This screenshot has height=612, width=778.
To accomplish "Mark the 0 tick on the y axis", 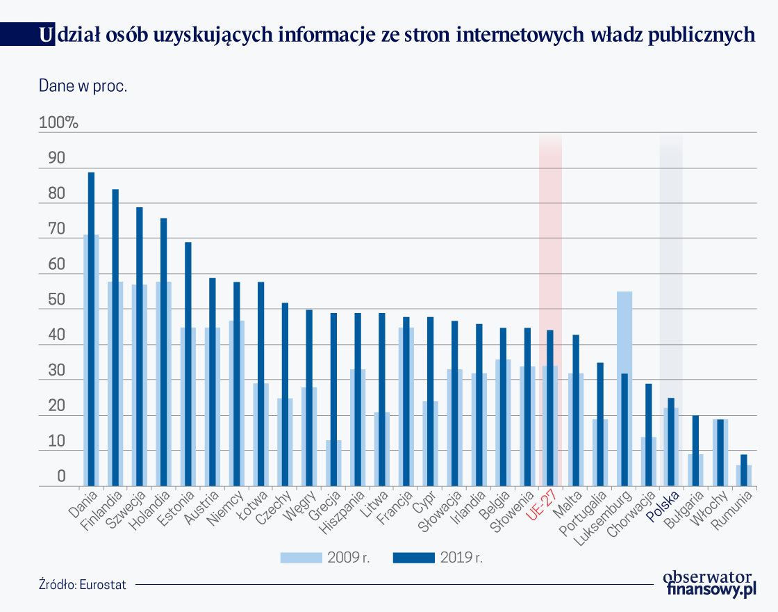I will [x=61, y=477].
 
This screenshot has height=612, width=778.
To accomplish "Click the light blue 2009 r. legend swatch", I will [x=301, y=557].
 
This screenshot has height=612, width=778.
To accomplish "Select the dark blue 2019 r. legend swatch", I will [x=413, y=557].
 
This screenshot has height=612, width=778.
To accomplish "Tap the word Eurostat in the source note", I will [x=103, y=584].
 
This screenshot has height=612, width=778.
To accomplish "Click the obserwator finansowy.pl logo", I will [x=709, y=583].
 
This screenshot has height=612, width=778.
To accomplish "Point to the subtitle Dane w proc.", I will [x=83, y=87].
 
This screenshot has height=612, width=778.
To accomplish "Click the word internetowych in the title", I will [x=523, y=35].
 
